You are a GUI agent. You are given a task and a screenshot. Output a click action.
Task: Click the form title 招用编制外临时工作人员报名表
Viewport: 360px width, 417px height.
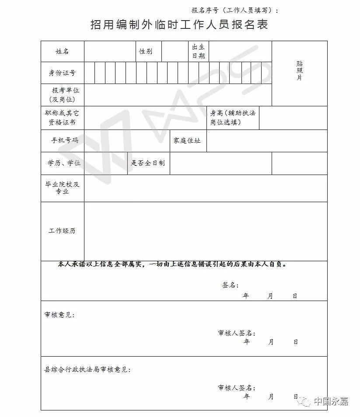coord(179,25)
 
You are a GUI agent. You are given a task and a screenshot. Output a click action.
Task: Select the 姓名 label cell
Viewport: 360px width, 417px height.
coord(62,52)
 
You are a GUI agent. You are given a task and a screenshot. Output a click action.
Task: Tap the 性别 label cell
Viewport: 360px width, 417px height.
coord(146,52)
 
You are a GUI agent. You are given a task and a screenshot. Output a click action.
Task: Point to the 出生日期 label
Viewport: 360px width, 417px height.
coord(199,52)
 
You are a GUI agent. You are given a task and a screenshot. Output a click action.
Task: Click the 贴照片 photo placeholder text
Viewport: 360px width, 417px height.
coord(299,71)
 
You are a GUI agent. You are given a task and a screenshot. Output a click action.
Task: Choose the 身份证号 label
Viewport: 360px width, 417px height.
coord(62,73)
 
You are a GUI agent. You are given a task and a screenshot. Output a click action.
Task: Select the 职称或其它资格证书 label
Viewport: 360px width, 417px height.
coord(62,117)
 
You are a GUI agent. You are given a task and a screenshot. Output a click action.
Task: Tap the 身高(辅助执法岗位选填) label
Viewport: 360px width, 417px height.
coord(233,117)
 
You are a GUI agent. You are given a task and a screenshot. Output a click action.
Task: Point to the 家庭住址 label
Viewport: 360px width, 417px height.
coord(187,140)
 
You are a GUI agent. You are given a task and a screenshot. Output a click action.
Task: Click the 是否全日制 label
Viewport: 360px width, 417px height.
coord(148,163)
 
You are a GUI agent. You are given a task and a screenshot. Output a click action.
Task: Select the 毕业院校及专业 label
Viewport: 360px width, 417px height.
coord(62,188)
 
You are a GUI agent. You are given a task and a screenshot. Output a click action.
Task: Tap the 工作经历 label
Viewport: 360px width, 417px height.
coord(62,231)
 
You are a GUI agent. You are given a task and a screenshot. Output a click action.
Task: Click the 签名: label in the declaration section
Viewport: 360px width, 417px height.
coord(230,285)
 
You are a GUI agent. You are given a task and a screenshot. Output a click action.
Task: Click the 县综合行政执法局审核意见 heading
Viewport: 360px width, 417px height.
coord(87,370)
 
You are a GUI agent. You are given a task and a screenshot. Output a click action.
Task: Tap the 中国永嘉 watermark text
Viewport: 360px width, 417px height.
coord(331,402)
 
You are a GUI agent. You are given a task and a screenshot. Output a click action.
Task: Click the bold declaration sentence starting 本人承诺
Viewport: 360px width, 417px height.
coord(172,264)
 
